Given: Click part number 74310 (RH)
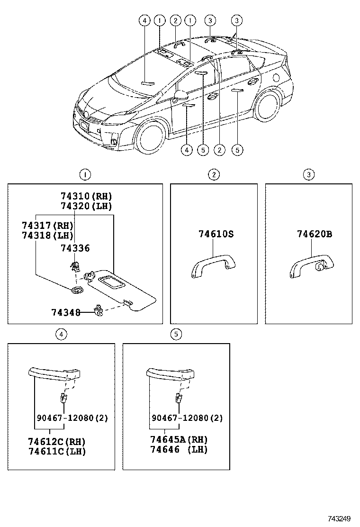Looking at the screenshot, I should coord(86,196).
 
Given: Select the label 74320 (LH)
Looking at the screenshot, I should coord(86,206).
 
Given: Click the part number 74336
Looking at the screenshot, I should coord(75,248).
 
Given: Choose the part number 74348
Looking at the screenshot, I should coord(65,312).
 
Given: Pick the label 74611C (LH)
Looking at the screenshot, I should coord(57,451).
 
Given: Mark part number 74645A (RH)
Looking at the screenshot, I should coord(179,440).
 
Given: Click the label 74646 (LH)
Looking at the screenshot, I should coord(179,449).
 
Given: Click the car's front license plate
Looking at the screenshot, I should coord(84,126).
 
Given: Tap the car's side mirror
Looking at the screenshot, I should coord(179,96).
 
